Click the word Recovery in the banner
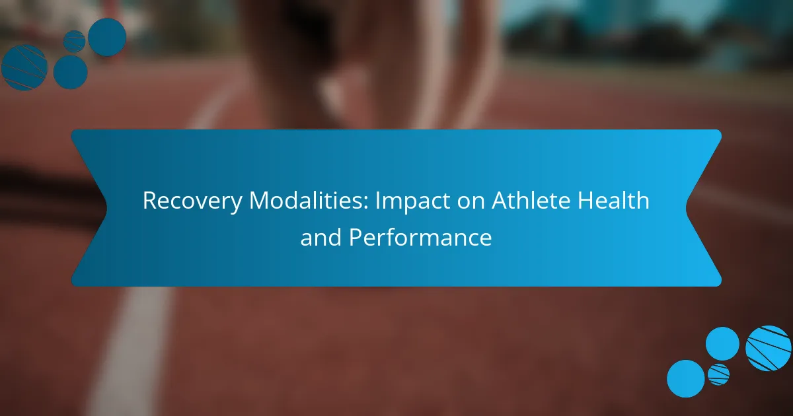(x=192, y=201)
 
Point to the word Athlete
(x=531, y=200)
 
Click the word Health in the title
(x=613, y=200)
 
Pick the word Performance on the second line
(x=420, y=237)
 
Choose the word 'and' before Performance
(x=321, y=237)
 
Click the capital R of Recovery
(x=151, y=201)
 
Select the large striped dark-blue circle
(x=24, y=67)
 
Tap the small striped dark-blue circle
(x=74, y=42)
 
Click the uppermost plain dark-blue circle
(x=107, y=37)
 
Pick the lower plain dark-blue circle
(x=71, y=72)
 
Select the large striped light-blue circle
(x=768, y=348)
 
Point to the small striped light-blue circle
(x=719, y=374)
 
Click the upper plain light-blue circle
(x=722, y=344)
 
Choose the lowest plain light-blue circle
(x=686, y=378)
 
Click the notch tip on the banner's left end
(x=106, y=209)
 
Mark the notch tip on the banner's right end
(x=686, y=209)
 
